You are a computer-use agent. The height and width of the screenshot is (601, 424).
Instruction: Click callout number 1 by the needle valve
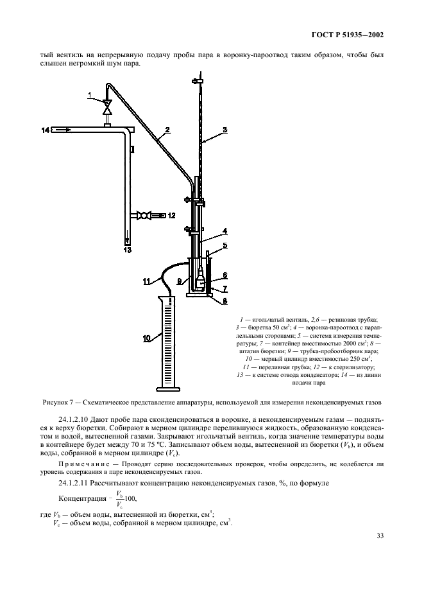click(90, 95)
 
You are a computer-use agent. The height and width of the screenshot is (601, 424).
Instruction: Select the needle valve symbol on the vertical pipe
click(107, 105)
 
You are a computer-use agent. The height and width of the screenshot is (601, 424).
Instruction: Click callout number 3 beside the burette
click(225, 130)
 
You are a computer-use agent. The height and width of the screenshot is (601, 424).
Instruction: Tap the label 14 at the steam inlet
click(46, 130)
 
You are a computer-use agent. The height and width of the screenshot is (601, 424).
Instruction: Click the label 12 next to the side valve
click(171, 215)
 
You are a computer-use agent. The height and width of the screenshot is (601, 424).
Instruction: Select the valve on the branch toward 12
click(146, 215)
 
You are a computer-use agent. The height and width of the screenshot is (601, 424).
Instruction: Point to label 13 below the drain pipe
click(128, 250)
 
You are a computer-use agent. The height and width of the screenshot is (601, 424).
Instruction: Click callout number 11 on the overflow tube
click(147, 280)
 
